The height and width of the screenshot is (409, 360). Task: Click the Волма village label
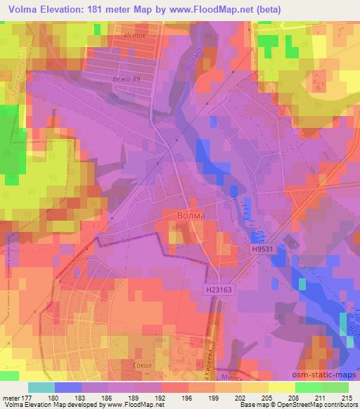pos(190,216)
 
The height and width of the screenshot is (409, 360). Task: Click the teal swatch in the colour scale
pos(41,387)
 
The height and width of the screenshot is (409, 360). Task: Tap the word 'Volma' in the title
pos(22,9)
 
